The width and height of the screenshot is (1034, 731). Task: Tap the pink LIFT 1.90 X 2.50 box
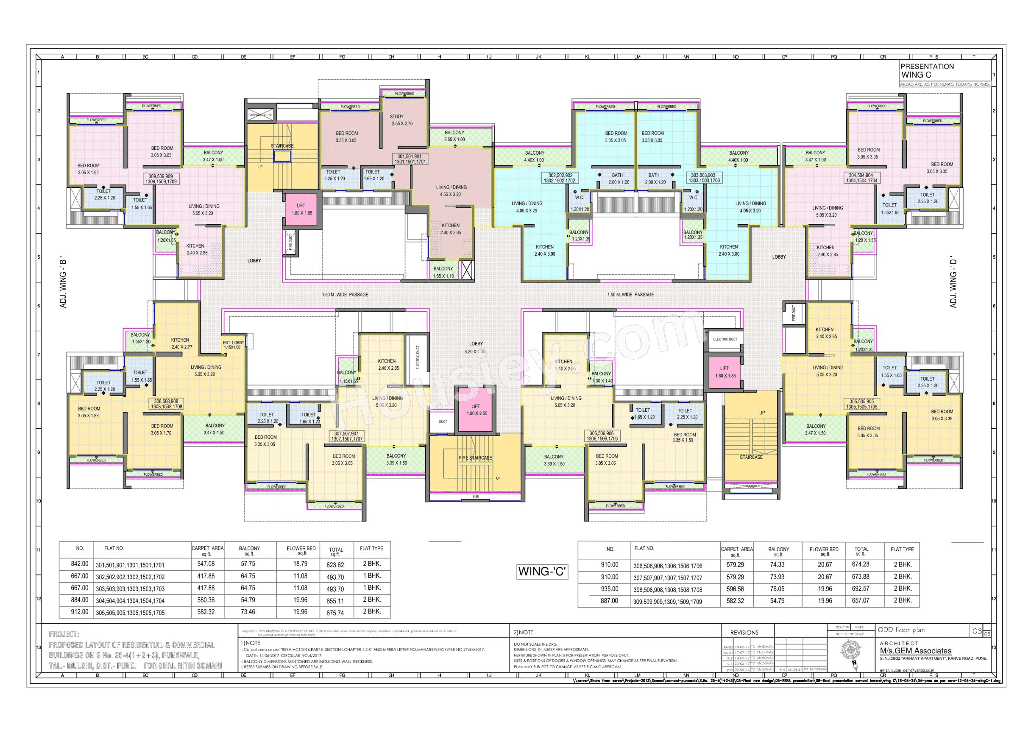pyautogui.click(x=477, y=410)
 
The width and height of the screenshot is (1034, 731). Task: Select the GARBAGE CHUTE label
pyautogui.click(x=260, y=115)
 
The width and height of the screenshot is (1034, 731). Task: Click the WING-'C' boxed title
pyautogui.click(x=542, y=572)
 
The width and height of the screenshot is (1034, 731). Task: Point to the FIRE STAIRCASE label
pyautogui.click(x=475, y=458)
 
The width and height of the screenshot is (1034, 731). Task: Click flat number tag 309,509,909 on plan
pyautogui.click(x=161, y=179)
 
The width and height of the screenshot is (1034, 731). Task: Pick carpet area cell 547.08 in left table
pyautogui.click(x=206, y=564)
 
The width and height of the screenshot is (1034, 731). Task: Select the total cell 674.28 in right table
pyautogui.click(x=861, y=564)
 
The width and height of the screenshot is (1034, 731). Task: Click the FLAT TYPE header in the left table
pyautogui.click(x=371, y=549)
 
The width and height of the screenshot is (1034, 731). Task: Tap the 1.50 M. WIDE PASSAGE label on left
pyautogui.click(x=345, y=295)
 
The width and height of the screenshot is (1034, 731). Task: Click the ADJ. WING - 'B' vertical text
pyautogui.click(x=64, y=284)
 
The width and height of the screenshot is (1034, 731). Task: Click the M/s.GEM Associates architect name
pyautogui.click(x=916, y=651)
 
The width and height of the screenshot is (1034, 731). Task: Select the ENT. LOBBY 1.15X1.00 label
pyautogui.click(x=233, y=345)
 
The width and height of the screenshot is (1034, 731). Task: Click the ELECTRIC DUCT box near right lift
pyautogui.click(x=725, y=339)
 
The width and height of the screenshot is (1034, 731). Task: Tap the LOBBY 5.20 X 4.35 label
pyautogui.click(x=476, y=347)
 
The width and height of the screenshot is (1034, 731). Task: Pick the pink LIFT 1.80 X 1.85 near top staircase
pyautogui.click(x=302, y=209)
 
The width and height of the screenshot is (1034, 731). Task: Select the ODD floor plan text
pyautogui.click(x=901, y=630)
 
